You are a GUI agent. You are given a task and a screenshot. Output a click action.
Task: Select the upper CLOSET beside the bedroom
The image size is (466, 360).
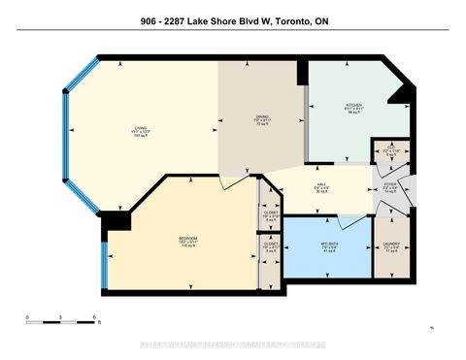[x=271, y=214]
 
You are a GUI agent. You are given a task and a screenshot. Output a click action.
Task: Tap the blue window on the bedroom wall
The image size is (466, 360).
[x=104, y=262]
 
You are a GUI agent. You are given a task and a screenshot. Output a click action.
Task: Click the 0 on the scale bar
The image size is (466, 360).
[x=28, y=317]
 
